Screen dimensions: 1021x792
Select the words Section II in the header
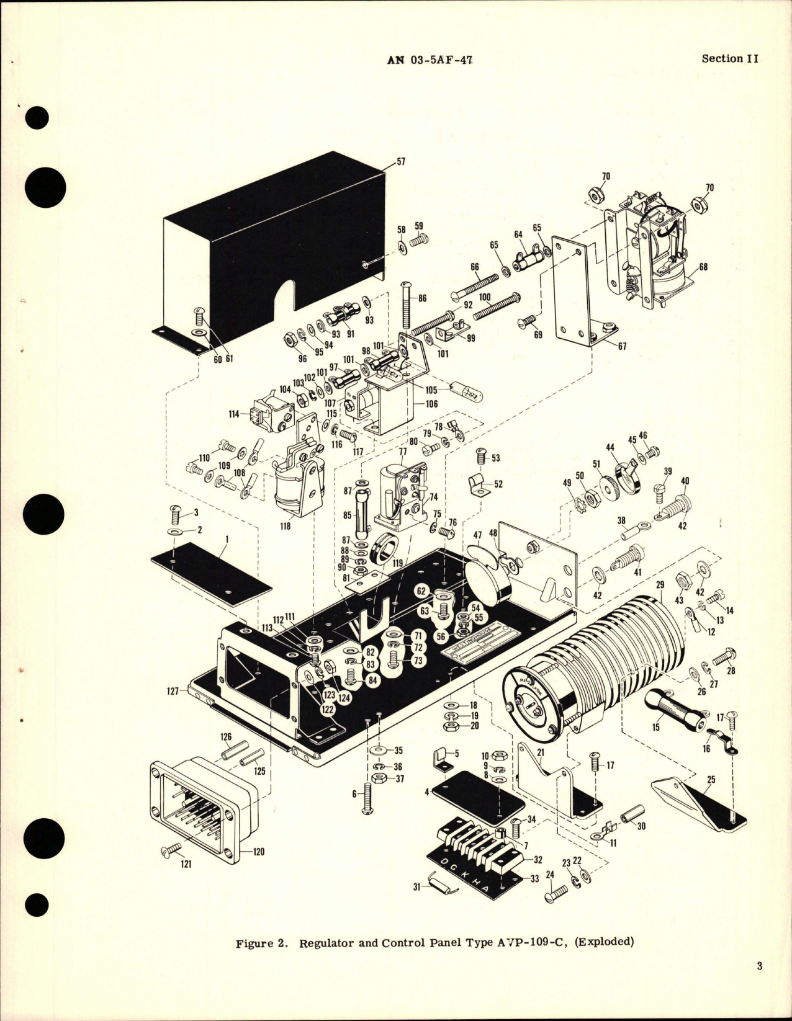[730, 58]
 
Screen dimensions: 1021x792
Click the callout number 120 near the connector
[258, 852]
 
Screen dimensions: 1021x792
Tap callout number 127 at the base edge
[172, 690]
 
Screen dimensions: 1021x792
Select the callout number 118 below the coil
[285, 525]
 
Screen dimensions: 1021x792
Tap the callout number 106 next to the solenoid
[431, 404]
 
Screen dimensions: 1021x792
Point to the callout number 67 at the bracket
[621, 346]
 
